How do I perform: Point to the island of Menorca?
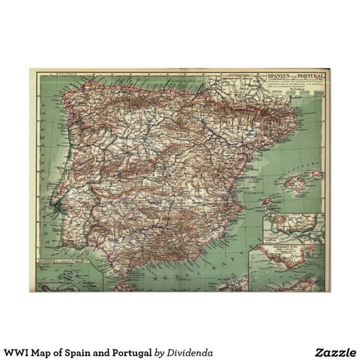[317, 173]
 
